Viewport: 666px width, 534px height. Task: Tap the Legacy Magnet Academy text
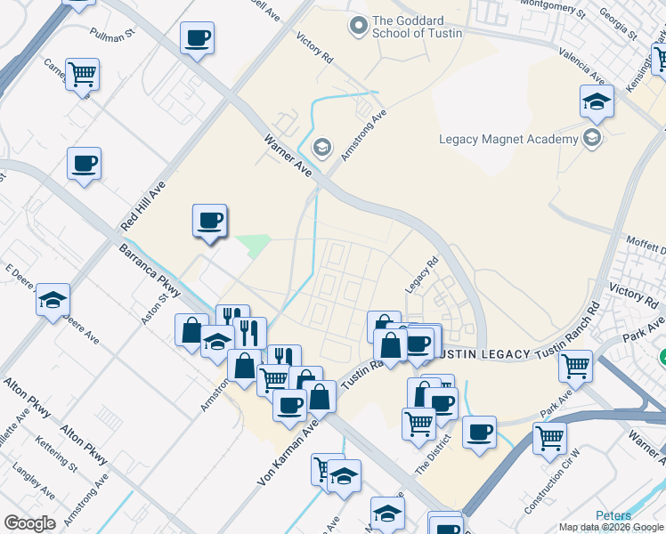tap(508, 139)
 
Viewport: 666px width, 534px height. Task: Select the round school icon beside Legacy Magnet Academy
tap(591, 138)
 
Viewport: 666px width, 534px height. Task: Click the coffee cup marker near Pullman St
tap(197, 39)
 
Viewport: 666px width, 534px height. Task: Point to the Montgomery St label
tap(554, 11)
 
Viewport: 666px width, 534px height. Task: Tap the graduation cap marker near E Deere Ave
tap(53, 300)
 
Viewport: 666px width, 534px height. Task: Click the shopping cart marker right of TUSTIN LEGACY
tap(576, 365)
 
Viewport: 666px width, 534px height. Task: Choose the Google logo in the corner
tap(29, 523)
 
